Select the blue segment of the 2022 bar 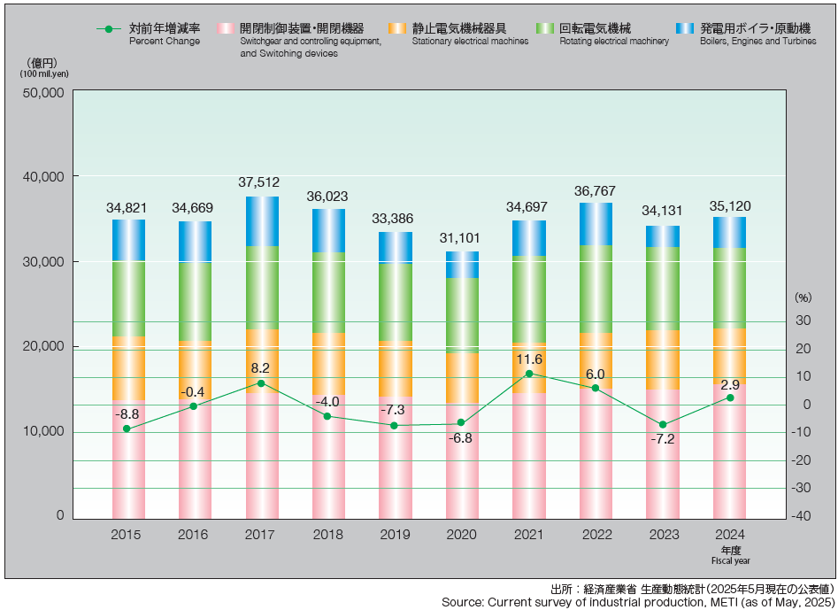click(x=596, y=224)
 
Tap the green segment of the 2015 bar click(x=128, y=298)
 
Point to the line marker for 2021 click(x=529, y=374)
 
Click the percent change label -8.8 click(x=128, y=413)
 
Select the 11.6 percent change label click(x=529, y=358)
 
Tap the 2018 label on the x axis click(x=328, y=535)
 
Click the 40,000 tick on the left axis click(x=42, y=177)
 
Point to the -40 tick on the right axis click(x=802, y=516)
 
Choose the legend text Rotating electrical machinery click(x=614, y=42)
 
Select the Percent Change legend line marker click(x=108, y=29)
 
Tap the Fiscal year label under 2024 click(x=730, y=560)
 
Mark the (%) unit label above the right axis click(x=802, y=297)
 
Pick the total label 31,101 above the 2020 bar click(x=462, y=237)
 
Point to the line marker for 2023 click(x=663, y=425)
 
